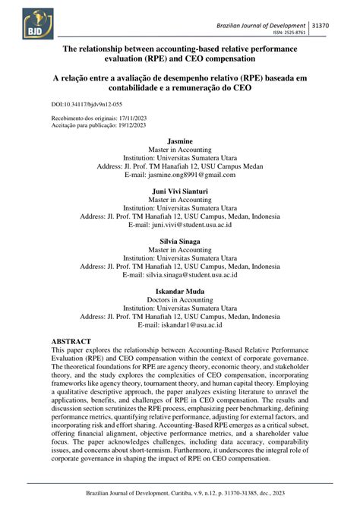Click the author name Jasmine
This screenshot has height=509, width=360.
pos(179,142)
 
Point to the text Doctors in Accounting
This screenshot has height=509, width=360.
pos(179,301)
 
